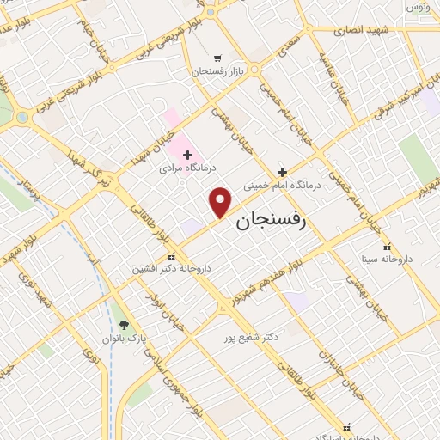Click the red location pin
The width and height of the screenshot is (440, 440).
(222, 201)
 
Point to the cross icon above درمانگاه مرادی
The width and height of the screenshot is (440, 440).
(187, 155)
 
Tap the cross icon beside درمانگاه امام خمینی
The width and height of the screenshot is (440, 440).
(282, 171)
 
